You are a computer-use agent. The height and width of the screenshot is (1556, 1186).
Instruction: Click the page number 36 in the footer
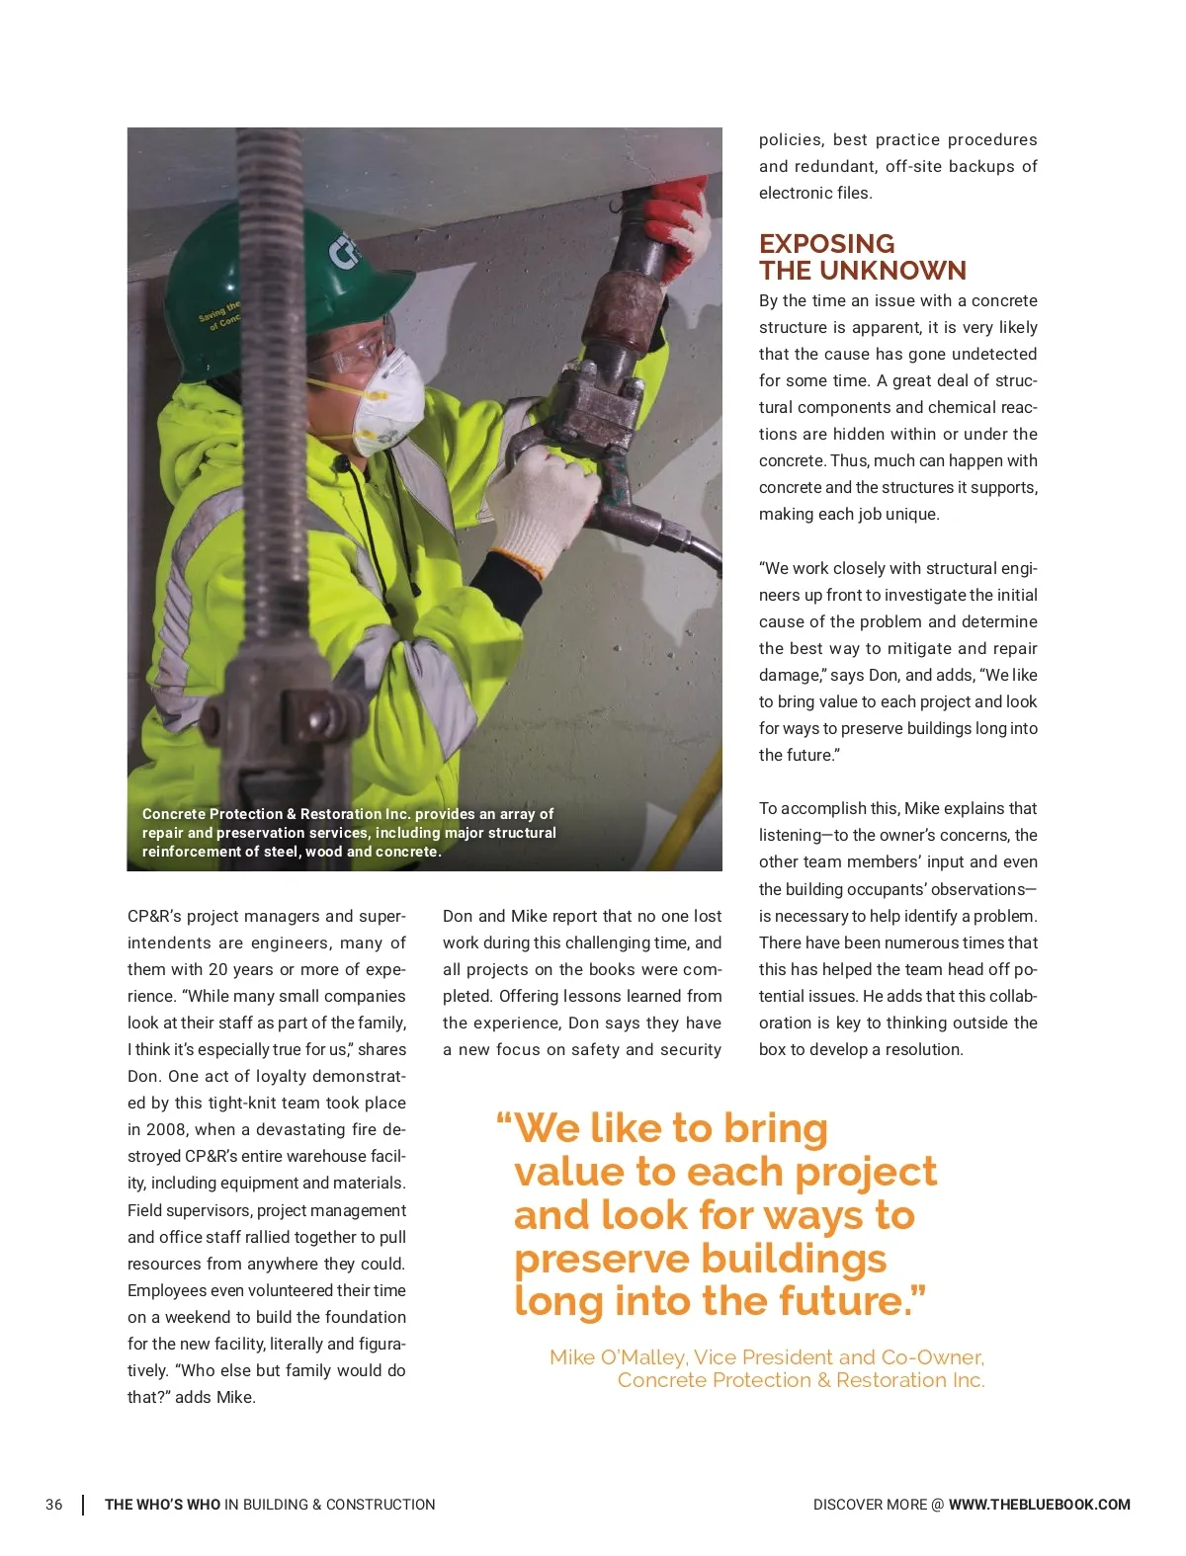point(53,1505)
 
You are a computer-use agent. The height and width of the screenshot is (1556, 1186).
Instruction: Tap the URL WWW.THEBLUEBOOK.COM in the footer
point(1039,1505)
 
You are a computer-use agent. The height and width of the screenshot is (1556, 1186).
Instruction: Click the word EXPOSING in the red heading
point(826,244)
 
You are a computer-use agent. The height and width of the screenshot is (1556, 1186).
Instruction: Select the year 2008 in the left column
point(165,1129)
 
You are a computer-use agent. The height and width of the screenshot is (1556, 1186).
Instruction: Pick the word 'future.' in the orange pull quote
point(853,1301)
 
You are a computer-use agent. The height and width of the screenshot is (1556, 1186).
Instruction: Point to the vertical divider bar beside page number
point(83,1505)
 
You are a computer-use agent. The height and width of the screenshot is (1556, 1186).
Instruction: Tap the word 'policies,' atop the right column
point(791,140)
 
